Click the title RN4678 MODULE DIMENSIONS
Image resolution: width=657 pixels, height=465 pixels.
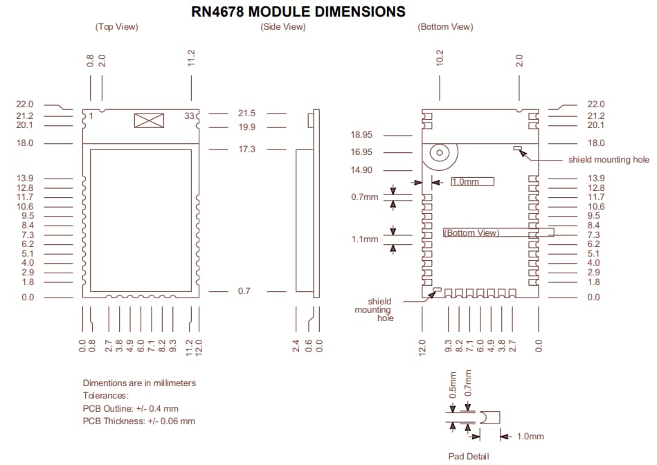(x=298, y=12)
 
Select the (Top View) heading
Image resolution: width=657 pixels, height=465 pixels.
(x=116, y=27)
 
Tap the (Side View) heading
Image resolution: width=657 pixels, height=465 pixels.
(x=282, y=27)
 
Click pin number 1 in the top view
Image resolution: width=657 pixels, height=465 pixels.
(x=90, y=116)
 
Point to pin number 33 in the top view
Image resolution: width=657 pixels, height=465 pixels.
(x=189, y=116)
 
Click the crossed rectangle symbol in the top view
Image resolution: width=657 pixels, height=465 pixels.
(x=149, y=120)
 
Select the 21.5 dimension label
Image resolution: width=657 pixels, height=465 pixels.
(x=246, y=113)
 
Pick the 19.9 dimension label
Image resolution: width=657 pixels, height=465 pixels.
(x=246, y=127)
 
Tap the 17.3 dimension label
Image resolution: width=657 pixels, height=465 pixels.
(x=246, y=149)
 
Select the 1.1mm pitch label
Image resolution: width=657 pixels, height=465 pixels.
(x=365, y=239)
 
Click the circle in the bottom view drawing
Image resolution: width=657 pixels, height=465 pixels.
(x=438, y=152)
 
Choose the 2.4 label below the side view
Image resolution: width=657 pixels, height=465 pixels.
(x=296, y=345)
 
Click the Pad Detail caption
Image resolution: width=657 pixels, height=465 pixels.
(x=468, y=455)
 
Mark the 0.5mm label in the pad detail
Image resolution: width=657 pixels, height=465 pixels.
(x=453, y=383)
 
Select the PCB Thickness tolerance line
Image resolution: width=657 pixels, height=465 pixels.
(x=138, y=421)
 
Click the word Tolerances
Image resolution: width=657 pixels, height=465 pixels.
(x=105, y=396)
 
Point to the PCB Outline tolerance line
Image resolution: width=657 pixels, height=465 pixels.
(x=130, y=408)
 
